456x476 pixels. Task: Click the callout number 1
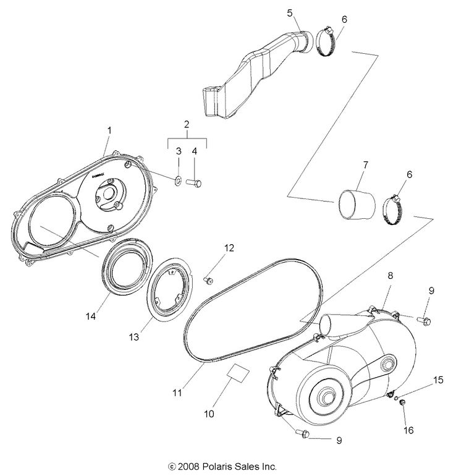[109, 130]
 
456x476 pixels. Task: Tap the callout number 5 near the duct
[289, 12]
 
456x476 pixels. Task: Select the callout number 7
[365, 165]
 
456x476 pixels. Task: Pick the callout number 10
[209, 414]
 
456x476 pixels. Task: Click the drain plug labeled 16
[400, 404]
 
